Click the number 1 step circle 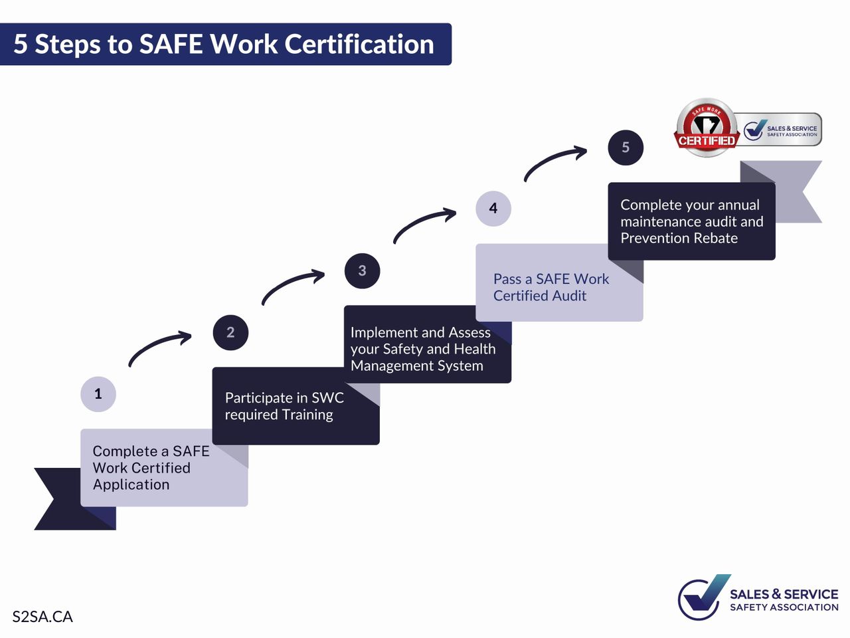(98, 394)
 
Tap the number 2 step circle (230, 332)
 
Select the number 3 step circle (362, 270)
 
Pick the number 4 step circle (493, 209)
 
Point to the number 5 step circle (626, 147)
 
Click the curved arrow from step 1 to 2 (155, 343)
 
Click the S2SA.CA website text (42, 617)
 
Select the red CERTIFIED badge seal (707, 128)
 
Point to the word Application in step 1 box (131, 485)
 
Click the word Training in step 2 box (307, 415)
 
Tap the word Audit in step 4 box (569, 296)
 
